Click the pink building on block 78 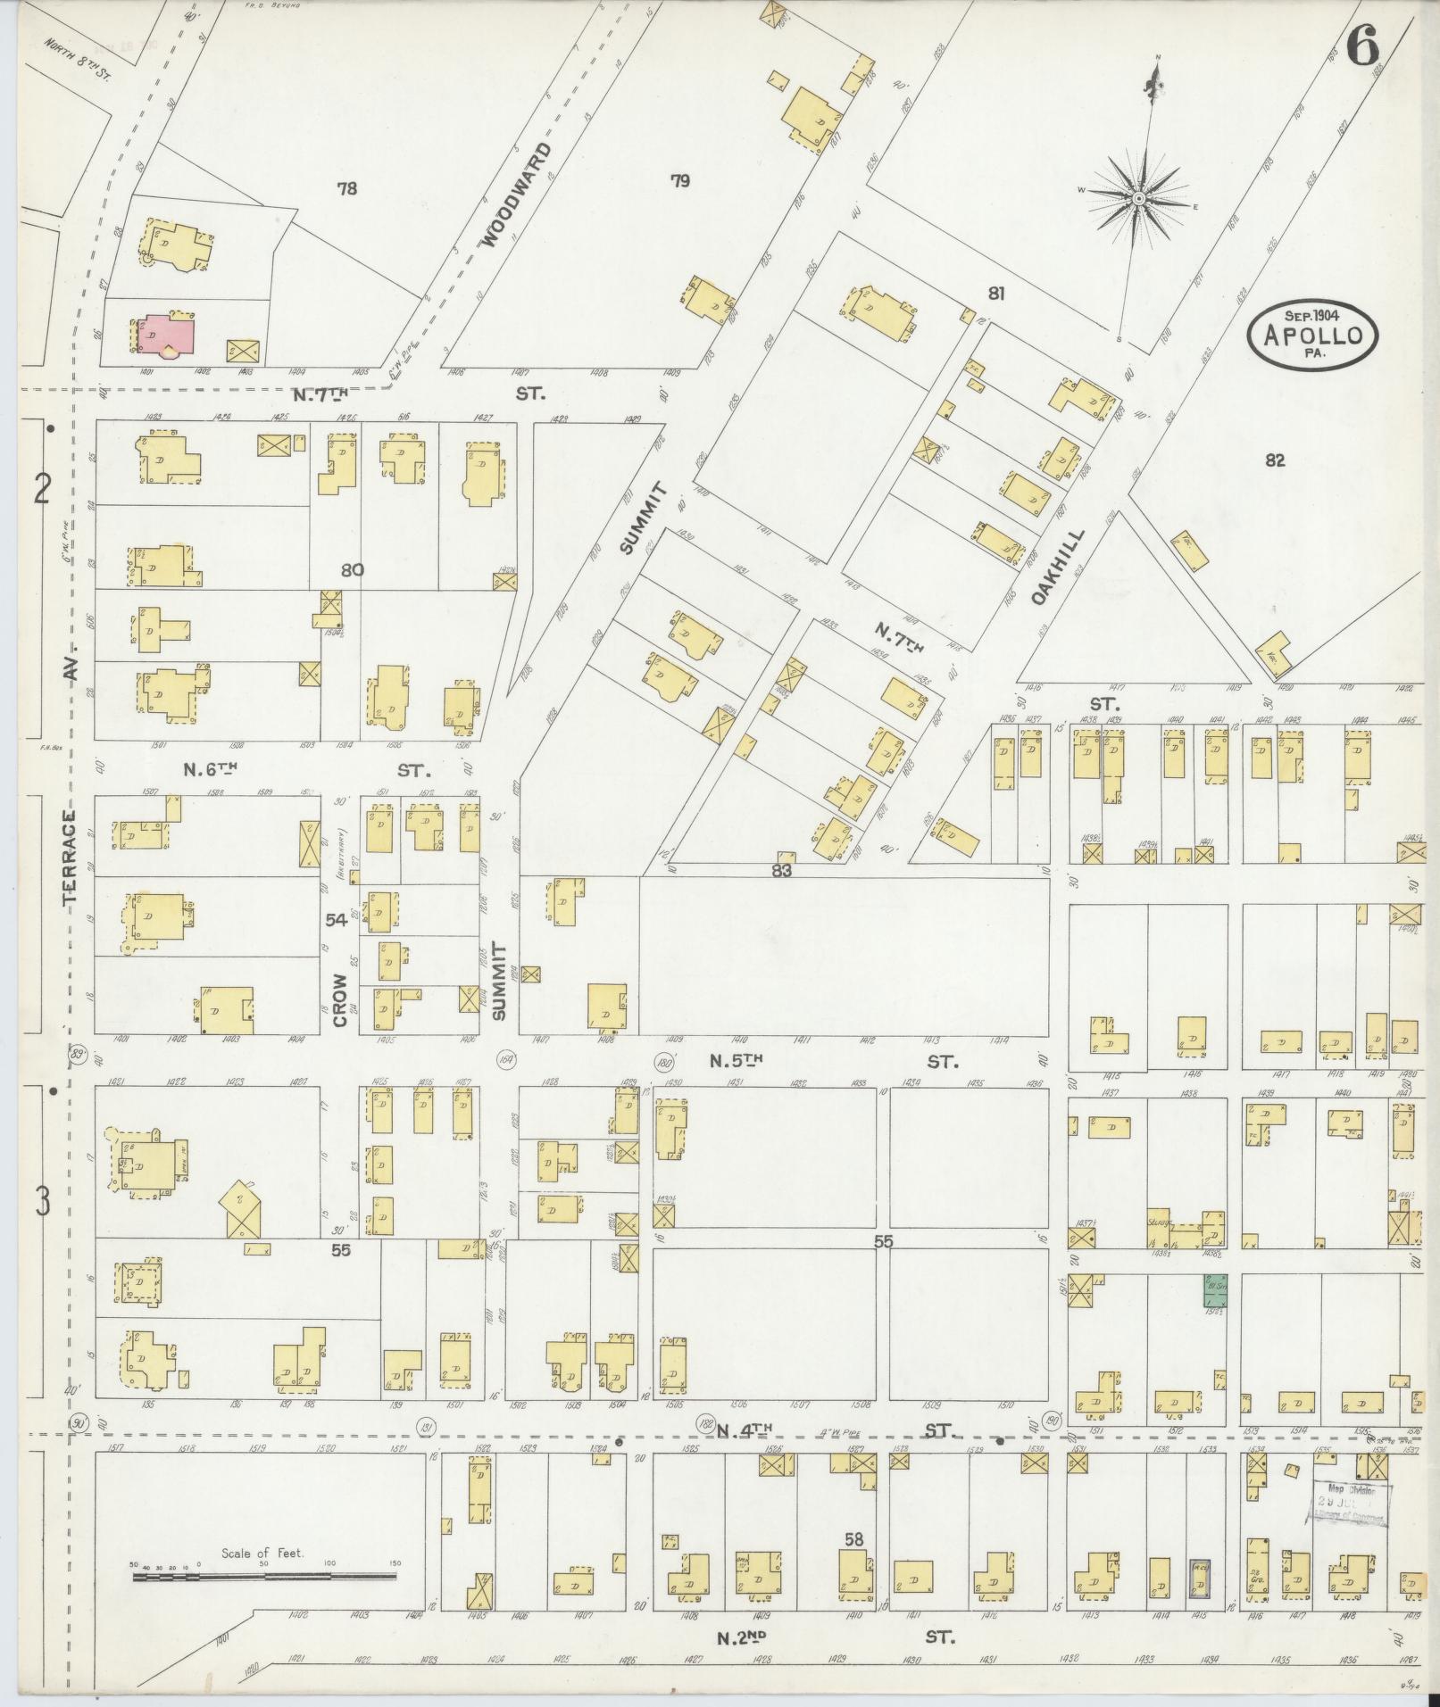coord(166,336)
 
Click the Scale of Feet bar coord(264,1577)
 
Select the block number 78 coord(347,188)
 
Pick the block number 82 coord(1274,460)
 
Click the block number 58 coord(855,1538)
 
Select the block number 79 coord(680,181)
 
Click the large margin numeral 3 coord(42,1203)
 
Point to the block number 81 coord(996,293)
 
